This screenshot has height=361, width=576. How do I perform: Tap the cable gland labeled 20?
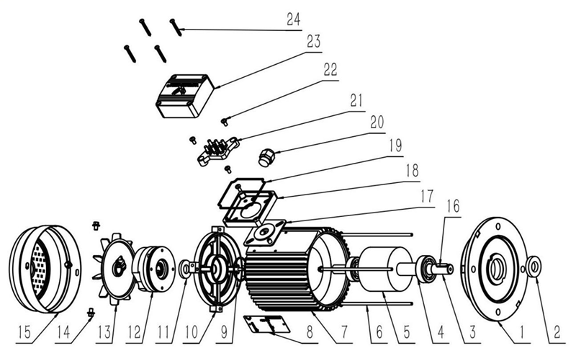[x=266, y=156]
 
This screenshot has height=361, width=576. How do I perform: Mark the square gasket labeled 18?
[x=248, y=205]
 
